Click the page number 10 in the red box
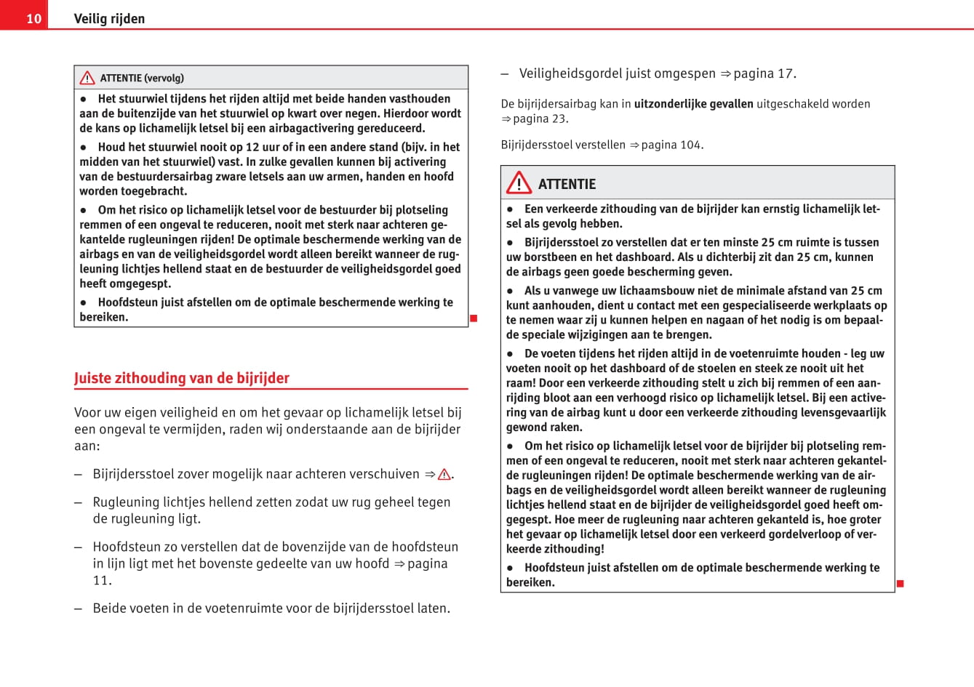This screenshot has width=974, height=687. (x=33, y=18)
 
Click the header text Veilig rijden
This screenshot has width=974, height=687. (x=109, y=19)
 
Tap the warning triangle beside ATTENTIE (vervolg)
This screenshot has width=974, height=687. (x=87, y=78)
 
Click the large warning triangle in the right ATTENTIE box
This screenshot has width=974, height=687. (x=519, y=182)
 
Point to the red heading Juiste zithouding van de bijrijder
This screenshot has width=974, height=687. (x=182, y=378)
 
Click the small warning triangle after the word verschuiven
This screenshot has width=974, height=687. (x=444, y=475)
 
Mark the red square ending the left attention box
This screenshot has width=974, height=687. (x=473, y=318)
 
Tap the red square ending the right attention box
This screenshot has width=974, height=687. (x=900, y=584)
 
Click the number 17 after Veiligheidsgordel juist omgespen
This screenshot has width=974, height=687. (x=785, y=73)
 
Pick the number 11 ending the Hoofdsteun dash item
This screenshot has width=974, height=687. (x=102, y=580)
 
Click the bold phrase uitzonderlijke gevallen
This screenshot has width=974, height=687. (x=693, y=104)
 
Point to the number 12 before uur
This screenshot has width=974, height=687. (x=252, y=147)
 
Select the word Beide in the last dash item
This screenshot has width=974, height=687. (x=109, y=608)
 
